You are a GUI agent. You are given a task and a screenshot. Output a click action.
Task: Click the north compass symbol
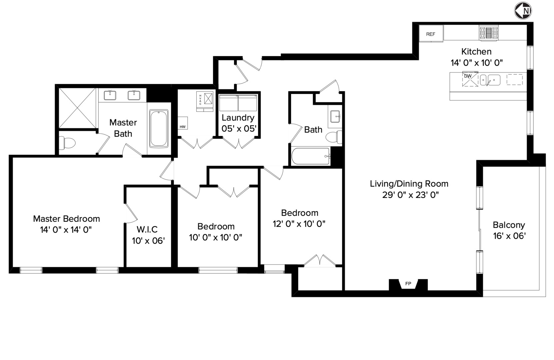[x=523, y=11]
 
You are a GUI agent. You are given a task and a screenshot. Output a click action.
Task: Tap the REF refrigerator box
[x=431, y=34]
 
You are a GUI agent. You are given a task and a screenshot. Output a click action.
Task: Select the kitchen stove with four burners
[x=489, y=33]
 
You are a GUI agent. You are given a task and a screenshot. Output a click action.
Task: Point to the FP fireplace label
[x=408, y=284]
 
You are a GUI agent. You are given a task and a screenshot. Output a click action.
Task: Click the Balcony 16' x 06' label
[x=509, y=230]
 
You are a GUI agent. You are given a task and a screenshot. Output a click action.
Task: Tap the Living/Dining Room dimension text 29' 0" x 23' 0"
[x=410, y=195]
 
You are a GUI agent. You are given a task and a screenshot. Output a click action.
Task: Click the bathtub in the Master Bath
[x=159, y=129]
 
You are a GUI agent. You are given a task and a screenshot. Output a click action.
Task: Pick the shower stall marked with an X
[x=77, y=107]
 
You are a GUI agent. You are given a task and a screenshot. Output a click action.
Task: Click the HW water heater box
[x=182, y=123]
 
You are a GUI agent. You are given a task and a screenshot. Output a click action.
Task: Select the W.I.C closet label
[x=147, y=229]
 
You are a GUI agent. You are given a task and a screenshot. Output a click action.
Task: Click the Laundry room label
[x=238, y=118]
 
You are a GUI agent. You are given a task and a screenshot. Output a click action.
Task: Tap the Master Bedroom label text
[x=66, y=219]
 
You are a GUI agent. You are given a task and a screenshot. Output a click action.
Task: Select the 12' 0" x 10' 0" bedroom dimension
[x=299, y=224]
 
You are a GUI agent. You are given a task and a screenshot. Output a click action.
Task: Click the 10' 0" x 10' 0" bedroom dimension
[x=215, y=238]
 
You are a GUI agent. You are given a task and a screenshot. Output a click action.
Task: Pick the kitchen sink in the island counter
[x=494, y=80]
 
